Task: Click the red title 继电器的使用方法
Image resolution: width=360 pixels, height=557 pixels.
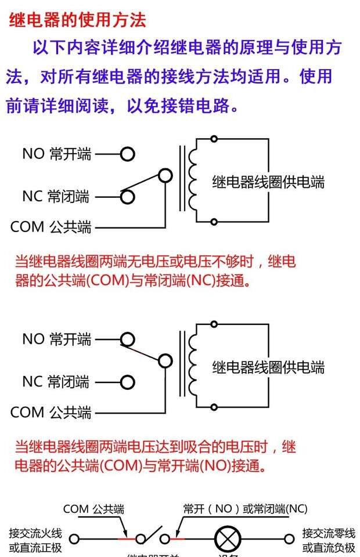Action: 77,20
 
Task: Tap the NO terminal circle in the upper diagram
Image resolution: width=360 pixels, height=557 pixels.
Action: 127,154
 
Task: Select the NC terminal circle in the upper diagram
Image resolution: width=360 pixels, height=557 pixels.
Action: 127,197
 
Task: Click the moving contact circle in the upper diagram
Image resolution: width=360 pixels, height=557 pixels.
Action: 165,175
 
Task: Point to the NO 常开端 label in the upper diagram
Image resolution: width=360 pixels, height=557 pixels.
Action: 57,154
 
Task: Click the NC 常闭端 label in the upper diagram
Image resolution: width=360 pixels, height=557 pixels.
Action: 56,197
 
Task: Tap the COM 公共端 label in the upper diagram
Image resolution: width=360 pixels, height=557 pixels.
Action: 51,227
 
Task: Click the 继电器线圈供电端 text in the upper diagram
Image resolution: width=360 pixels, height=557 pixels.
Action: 268,182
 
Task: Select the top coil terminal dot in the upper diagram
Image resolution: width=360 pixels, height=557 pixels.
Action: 214,139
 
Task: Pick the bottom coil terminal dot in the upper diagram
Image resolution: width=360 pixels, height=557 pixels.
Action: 214,222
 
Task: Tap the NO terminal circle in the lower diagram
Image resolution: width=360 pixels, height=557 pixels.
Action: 127,339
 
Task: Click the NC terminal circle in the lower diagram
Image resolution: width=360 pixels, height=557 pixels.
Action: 127,382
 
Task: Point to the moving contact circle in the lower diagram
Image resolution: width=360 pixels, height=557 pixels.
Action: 165,361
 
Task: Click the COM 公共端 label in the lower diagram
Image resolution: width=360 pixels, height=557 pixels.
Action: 51,413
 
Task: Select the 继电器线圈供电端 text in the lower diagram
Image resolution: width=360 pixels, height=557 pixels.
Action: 268,367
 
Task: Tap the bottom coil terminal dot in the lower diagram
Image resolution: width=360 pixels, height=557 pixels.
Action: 214,407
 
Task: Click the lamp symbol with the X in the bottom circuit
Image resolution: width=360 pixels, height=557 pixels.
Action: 225,540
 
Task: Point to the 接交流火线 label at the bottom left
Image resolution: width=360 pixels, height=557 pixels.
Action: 35,533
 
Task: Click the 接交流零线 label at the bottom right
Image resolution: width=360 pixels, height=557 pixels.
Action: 329,533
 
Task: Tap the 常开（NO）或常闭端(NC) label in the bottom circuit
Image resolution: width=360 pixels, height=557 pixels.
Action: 244,509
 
